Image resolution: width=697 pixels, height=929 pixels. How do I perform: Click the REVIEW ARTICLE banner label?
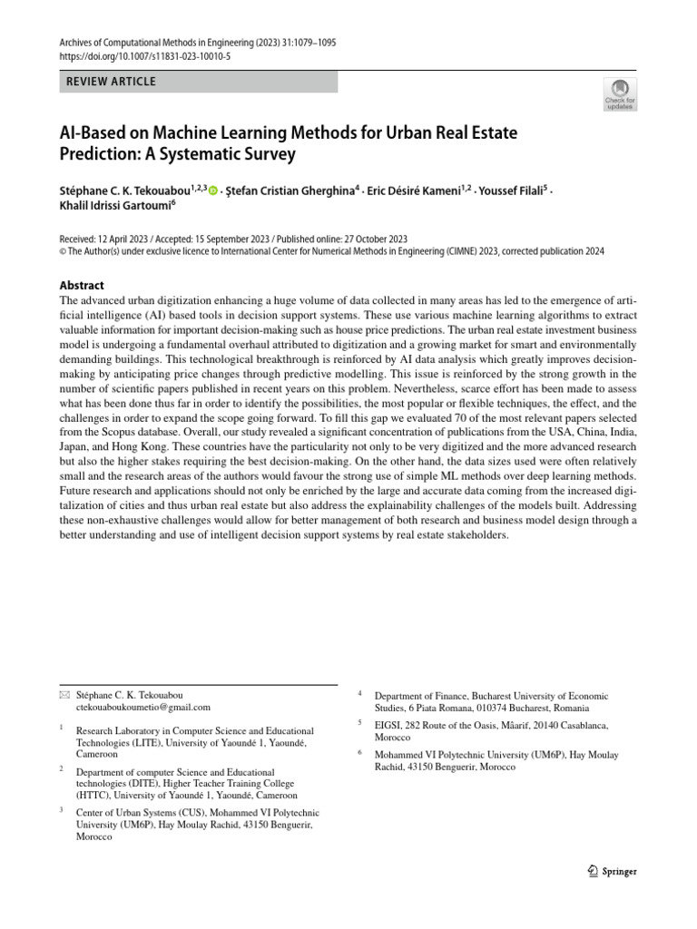112,82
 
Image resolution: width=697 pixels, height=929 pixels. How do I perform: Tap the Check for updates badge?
619,93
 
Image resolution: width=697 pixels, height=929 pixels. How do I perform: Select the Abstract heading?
82,285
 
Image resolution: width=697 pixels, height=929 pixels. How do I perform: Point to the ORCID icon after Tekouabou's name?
213,191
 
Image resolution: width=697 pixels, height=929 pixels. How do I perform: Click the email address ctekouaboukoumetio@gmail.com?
143,707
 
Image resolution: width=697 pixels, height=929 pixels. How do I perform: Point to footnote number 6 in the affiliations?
360,752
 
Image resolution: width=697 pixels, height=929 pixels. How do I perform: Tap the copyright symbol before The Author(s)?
64,251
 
